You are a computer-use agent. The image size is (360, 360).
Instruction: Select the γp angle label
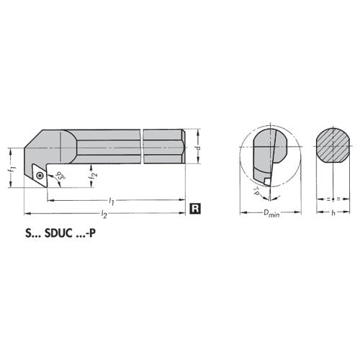tap(257, 190)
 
